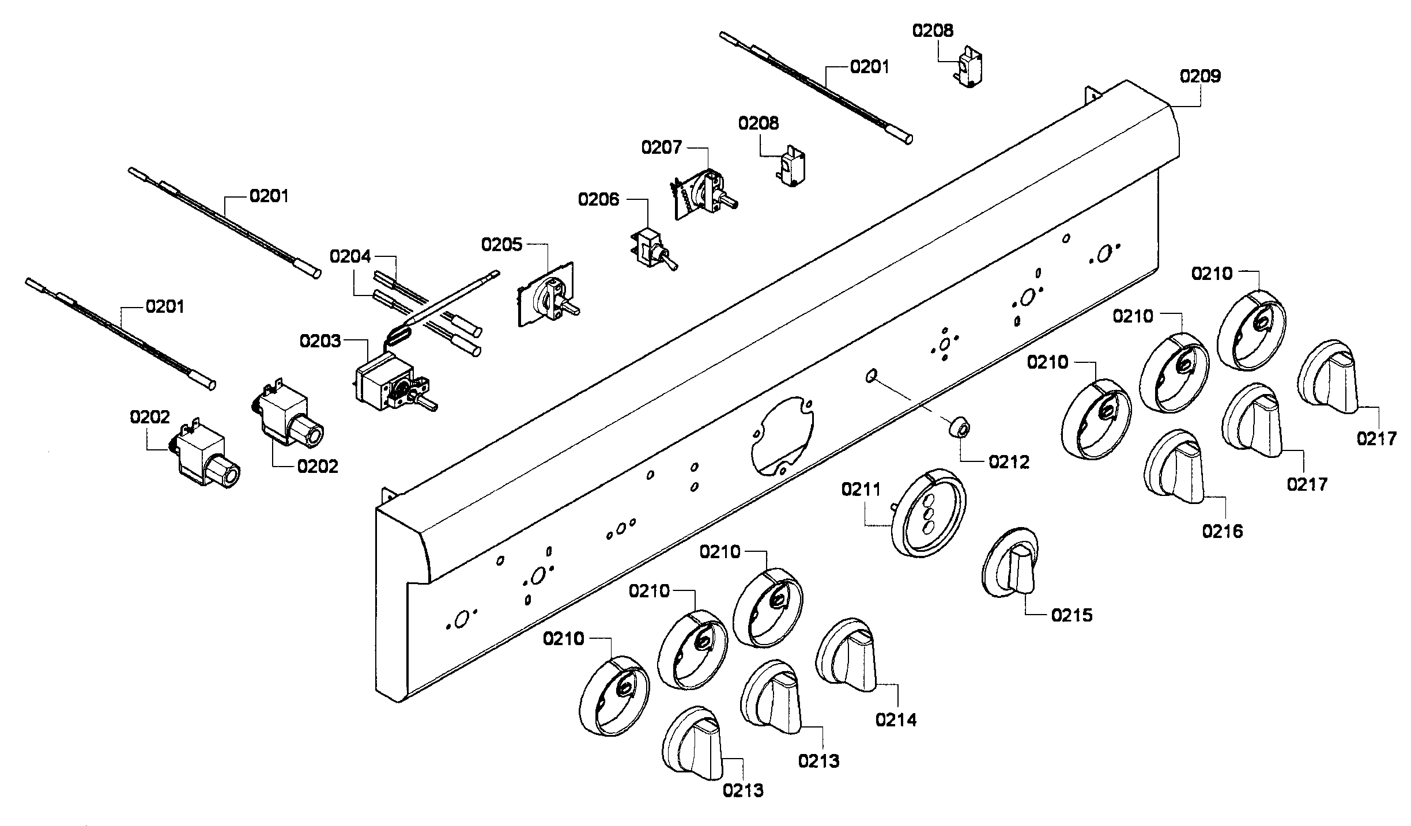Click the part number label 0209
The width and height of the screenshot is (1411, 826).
pyautogui.click(x=1200, y=76)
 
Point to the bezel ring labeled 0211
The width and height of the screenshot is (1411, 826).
pyautogui.click(x=929, y=513)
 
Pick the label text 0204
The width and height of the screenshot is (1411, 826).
pyautogui.click(x=350, y=256)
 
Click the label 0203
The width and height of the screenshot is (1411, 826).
pyautogui.click(x=320, y=342)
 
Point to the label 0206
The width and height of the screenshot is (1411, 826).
pyautogui.click(x=598, y=200)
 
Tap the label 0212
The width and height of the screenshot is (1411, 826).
pyautogui.click(x=1009, y=461)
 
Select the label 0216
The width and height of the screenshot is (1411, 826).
pyautogui.click(x=1222, y=531)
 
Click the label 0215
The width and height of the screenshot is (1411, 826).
pyautogui.click(x=1072, y=615)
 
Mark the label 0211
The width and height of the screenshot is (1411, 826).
pyautogui.click(x=861, y=490)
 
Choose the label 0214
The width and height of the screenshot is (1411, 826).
pyautogui.click(x=896, y=719)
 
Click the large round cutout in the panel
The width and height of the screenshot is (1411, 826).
pyautogui.click(x=783, y=435)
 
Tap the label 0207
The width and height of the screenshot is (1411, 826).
pyautogui.click(x=662, y=148)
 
